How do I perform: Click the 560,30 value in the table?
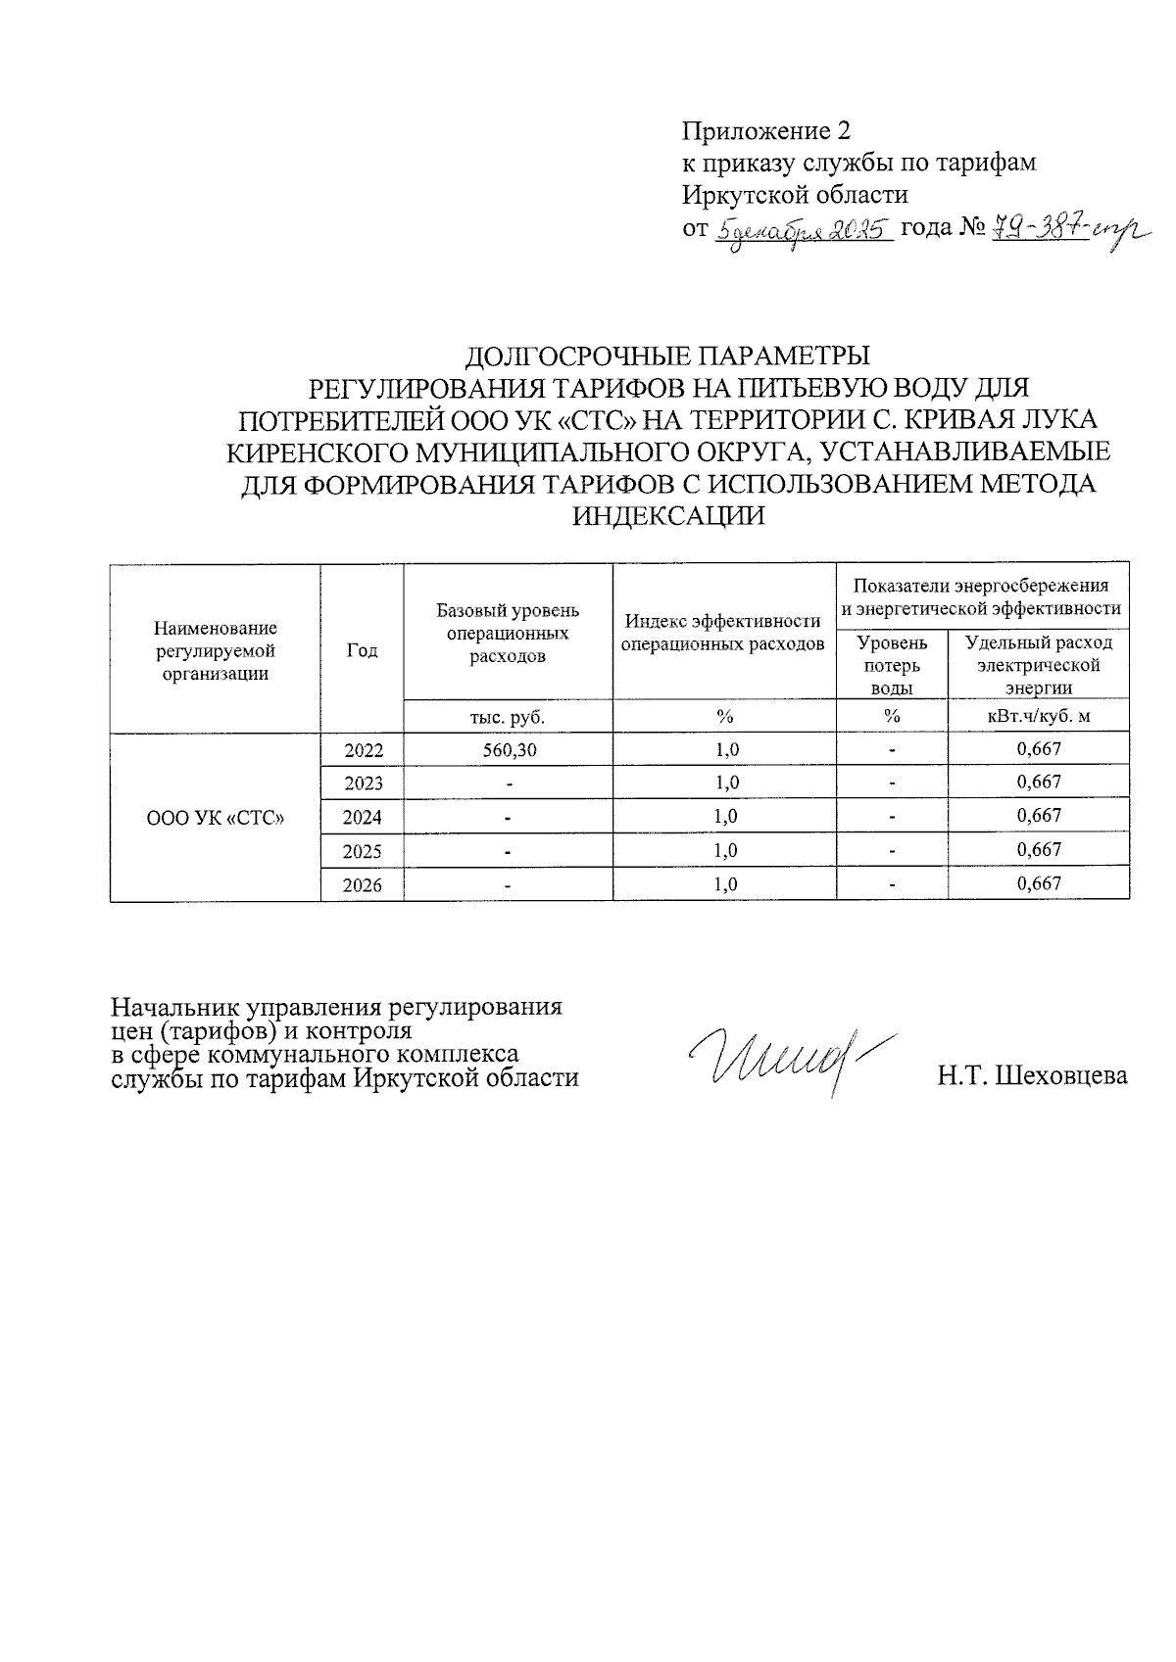508,750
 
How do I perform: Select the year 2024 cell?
362,816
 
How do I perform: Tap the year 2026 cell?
362,884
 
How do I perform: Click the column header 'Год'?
362,650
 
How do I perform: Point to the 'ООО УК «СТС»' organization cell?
215,817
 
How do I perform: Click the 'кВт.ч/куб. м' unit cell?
1038,717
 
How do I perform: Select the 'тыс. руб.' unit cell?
508,717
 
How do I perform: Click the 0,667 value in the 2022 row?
1039,750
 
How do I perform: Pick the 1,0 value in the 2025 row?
725,850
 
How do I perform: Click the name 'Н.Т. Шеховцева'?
1031,1076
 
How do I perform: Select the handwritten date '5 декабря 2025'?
803,231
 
